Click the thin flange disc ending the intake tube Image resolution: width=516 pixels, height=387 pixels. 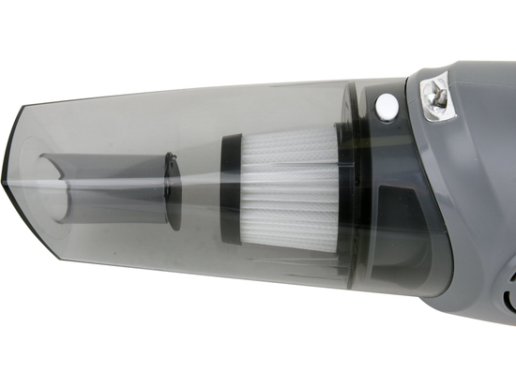[x=171, y=186]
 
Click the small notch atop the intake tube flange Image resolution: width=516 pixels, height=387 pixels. [x=171, y=155]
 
